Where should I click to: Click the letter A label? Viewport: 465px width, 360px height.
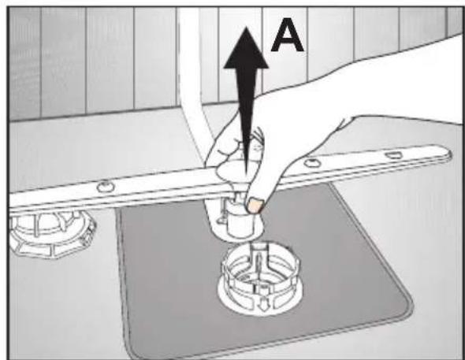287,35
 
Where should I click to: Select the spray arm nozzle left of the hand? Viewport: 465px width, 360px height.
106,187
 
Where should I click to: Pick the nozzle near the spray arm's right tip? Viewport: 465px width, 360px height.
393,154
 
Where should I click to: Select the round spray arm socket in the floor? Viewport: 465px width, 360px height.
261,279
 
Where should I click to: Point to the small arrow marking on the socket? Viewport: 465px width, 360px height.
262,306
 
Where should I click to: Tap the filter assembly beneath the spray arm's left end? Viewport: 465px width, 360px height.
51,234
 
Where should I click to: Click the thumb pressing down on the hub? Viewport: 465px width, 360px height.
261,190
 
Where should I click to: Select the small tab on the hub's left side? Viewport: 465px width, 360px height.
221,219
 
